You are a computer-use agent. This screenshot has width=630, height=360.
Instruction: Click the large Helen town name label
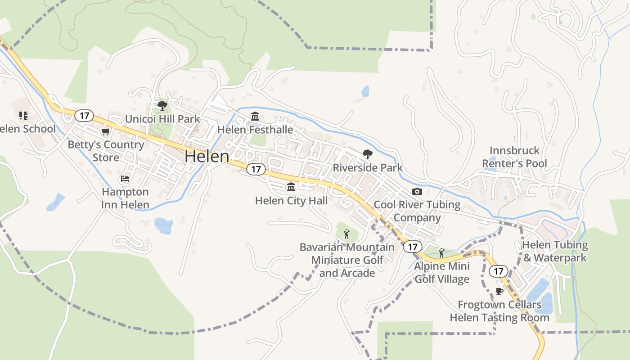pyautogui.click(x=207, y=156)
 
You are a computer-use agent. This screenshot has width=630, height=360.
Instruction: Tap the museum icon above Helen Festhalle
pyautogui.click(x=255, y=117)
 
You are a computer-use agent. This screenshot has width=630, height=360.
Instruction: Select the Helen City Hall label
pyautogui.click(x=291, y=201)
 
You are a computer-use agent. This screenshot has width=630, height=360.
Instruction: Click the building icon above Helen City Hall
pyautogui.click(x=291, y=187)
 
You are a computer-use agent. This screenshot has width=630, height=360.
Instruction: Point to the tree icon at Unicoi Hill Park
pyautogui.click(x=162, y=106)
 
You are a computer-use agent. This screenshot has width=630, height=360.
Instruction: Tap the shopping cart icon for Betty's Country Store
pyautogui.click(x=105, y=132)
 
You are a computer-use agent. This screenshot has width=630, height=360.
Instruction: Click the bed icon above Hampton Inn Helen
pyautogui.click(x=125, y=179)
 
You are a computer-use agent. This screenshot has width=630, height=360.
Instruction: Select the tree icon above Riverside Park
pyautogui.click(x=368, y=154)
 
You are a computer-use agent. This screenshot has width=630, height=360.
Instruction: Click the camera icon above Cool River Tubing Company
pyautogui.click(x=417, y=191)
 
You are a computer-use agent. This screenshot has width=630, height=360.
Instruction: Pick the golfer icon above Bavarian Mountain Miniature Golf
pyautogui.click(x=346, y=234)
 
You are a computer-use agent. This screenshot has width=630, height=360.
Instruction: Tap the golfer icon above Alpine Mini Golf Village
pyautogui.click(x=441, y=252)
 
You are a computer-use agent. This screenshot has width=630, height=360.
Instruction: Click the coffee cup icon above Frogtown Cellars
pyautogui.click(x=499, y=291)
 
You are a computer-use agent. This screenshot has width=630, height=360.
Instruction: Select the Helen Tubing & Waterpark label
pyautogui.click(x=555, y=252)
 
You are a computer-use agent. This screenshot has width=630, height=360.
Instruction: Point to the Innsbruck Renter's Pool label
pyautogui.click(x=514, y=157)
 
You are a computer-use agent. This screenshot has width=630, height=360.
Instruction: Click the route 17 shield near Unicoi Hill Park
pyautogui.click(x=84, y=116)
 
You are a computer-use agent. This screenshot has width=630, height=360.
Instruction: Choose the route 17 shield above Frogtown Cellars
pyautogui.click(x=498, y=271)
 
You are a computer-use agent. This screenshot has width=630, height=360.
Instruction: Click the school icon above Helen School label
pyautogui.click(x=23, y=116)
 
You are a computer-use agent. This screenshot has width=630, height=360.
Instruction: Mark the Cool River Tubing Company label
pyautogui.click(x=417, y=211)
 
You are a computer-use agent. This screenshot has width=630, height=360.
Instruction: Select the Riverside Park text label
pyautogui.click(x=368, y=168)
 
